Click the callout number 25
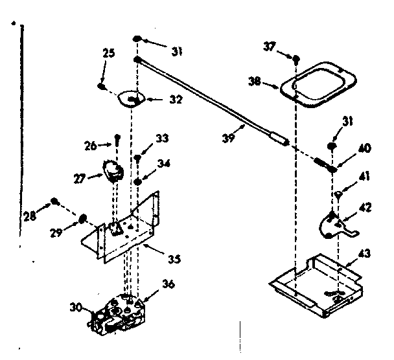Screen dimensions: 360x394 click(x=109, y=53)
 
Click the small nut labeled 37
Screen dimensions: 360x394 click(x=295, y=60)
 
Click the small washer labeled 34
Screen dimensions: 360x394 click(x=138, y=182)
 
